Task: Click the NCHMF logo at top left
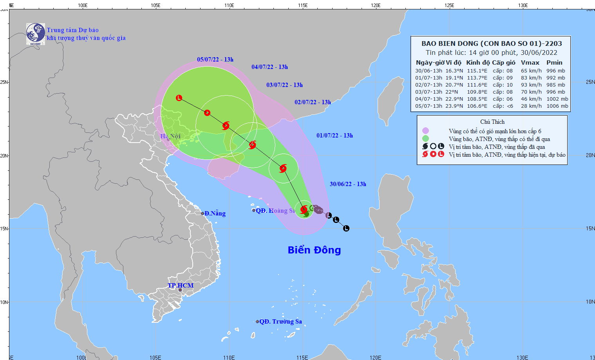35,34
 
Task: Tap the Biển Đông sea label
314,250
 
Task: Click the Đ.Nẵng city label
215,213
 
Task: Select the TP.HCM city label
181,285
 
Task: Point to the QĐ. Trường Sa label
280,322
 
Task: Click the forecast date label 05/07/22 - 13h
215,60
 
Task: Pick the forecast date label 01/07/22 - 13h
335,136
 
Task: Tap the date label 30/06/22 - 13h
348,184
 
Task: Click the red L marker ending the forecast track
179,98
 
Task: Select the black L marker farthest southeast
346,228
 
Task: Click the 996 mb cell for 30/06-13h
556,71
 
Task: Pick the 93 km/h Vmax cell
531,85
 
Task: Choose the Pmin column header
554,63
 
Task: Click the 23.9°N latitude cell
454,106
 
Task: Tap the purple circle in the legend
425,131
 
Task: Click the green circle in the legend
425,139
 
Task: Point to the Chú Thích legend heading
492,122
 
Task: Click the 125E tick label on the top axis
449,5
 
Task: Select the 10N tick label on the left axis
4,302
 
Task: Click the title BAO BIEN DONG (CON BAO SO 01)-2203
492,43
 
